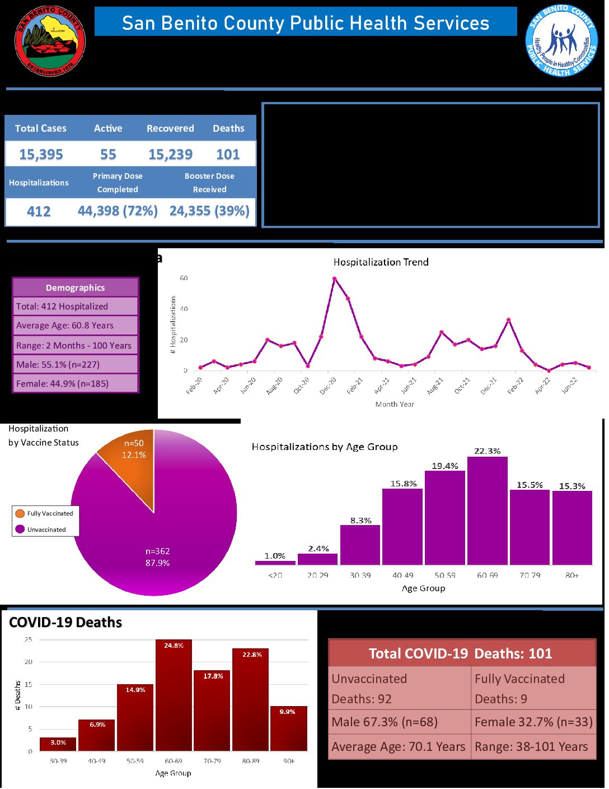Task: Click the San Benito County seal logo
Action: (50, 41)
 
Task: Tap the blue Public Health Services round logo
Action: (561, 41)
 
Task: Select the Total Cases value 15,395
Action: (41, 154)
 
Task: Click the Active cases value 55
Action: (108, 154)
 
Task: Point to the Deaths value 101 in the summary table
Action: (228, 154)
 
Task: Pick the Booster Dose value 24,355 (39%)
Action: (209, 211)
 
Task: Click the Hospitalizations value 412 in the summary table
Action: (39, 212)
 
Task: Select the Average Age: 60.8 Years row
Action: (76, 326)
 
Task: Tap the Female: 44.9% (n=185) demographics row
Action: (76, 384)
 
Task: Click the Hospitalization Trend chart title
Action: (381, 262)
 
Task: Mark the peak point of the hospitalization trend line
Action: (334, 279)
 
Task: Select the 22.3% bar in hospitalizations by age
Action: (488, 511)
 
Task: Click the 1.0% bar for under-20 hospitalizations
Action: (275, 563)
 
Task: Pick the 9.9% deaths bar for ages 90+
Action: (288, 728)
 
